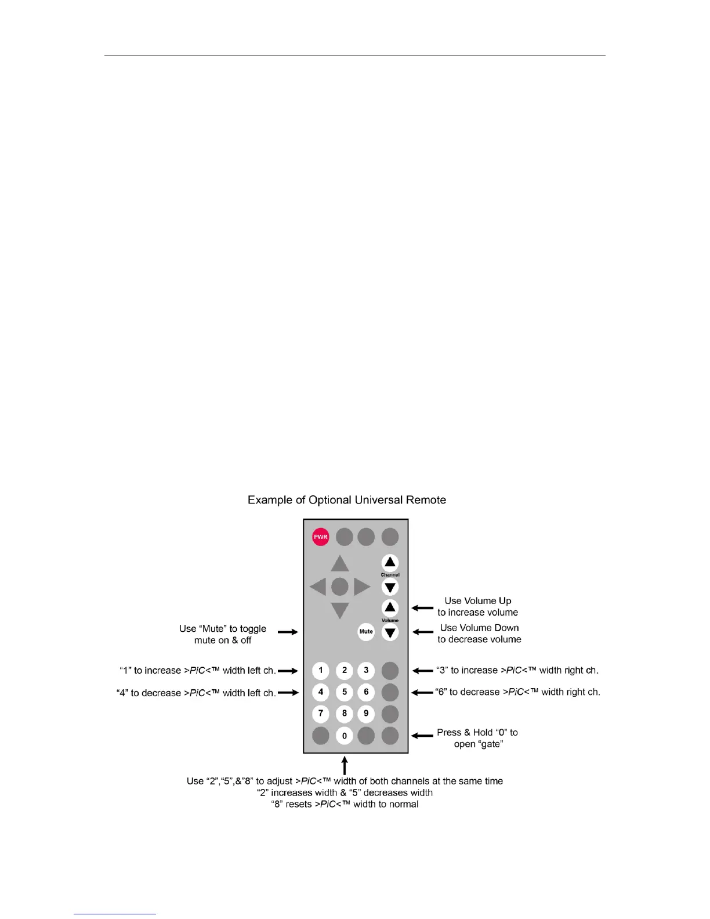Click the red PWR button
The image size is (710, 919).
(321, 537)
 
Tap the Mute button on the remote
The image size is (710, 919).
(366, 632)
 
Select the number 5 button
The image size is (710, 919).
(344, 692)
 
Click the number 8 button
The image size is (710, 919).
(344, 714)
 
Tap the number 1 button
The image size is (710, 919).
(321, 671)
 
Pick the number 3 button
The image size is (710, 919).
(366, 671)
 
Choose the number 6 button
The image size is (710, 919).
(366, 692)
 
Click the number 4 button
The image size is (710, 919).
(321, 692)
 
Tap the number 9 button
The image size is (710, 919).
(366, 714)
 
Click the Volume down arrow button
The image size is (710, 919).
(390, 632)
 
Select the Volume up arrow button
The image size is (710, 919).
(390, 607)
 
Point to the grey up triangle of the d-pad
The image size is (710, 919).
(340, 563)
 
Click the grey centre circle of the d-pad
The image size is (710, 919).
(340, 587)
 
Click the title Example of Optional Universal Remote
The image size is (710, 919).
(347, 500)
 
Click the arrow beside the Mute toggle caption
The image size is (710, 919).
(288, 632)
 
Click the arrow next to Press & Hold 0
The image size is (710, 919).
(423, 736)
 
